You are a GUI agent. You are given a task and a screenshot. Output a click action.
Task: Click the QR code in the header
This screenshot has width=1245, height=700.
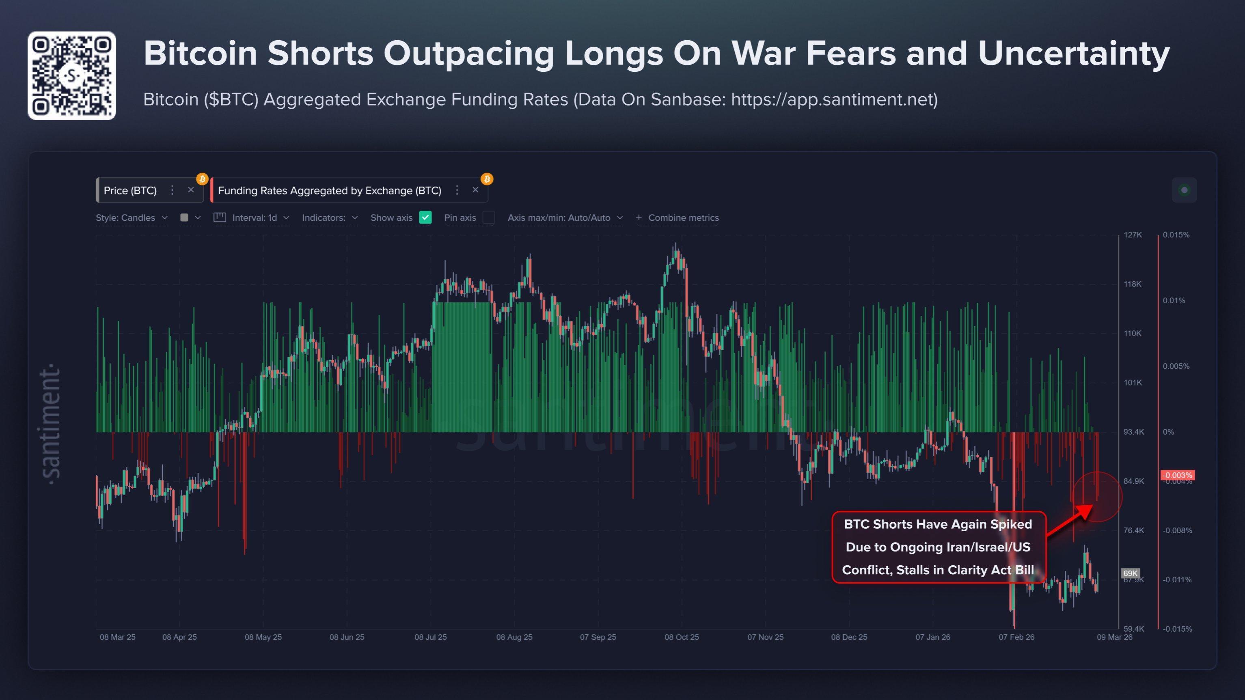point(71,75)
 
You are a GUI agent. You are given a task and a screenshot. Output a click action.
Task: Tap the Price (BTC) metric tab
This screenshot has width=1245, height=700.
point(130,190)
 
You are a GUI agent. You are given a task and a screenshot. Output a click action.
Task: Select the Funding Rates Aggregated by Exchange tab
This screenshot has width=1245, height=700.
point(330,190)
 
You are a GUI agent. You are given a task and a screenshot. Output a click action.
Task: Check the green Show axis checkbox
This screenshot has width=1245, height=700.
point(425,218)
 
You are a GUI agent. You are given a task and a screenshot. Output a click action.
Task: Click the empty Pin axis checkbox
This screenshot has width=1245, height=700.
point(489,218)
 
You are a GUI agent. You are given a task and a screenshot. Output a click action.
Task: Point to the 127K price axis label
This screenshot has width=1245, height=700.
point(1133,235)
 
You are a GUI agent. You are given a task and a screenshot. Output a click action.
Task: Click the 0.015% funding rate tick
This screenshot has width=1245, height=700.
point(1176,235)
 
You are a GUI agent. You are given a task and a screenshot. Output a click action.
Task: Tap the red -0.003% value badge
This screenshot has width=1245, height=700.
point(1177,475)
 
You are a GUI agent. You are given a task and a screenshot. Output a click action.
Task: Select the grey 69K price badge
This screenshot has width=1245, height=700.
point(1130,573)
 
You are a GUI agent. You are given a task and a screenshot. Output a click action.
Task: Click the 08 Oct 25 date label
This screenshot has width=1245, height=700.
point(682,637)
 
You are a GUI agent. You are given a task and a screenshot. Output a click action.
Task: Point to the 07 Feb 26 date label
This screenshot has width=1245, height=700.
point(1016,637)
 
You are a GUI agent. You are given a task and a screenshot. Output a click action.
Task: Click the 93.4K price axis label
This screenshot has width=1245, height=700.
point(1133,432)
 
